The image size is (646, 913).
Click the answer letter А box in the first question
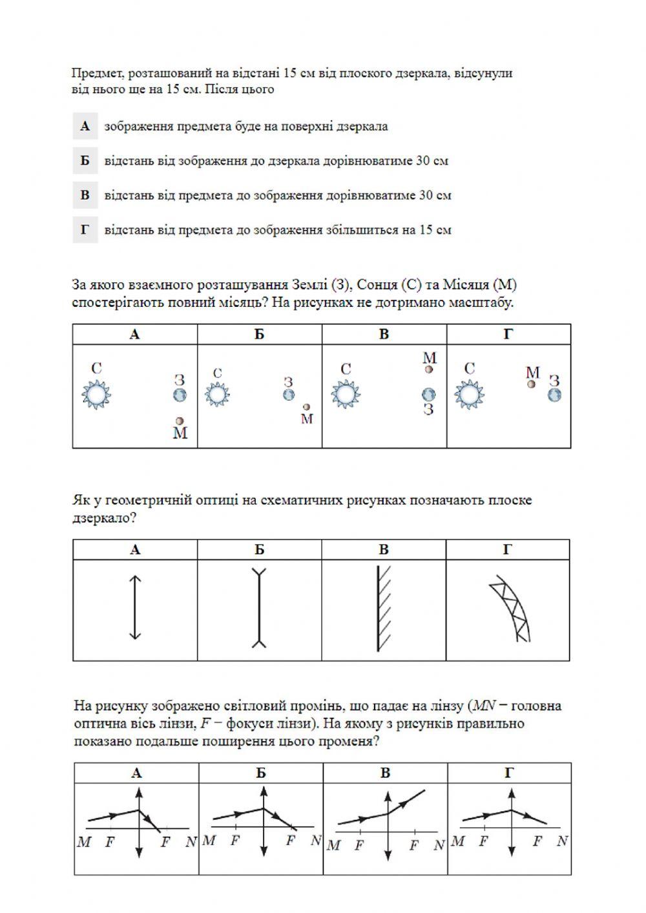click(x=85, y=126)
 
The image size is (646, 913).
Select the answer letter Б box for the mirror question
click(x=85, y=161)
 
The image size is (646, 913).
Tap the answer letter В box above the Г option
click(x=85, y=195)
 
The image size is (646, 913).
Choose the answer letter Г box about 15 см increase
click(x=85, y=230)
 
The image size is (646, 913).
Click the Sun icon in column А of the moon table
click(x=97, y=394)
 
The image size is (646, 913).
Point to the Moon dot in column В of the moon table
click(x=429, y=370)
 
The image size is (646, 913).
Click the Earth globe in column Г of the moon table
click(x=554, y=394)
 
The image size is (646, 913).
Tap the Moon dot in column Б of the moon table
click(x=307, y=407)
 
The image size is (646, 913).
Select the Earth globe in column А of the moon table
click(x=180, y=394)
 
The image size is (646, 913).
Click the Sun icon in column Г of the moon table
click(x=470, y=394)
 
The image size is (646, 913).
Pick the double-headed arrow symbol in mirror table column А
click(x=134, y=607)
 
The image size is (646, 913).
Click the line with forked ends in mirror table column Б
click(x=259, y=607)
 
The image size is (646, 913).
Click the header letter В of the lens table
click(x=385, y=773)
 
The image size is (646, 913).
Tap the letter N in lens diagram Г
click(x=562, y=841)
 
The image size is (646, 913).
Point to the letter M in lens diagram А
click(x=84, y=843)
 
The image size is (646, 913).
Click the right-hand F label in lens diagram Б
click(x=291, y=841)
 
